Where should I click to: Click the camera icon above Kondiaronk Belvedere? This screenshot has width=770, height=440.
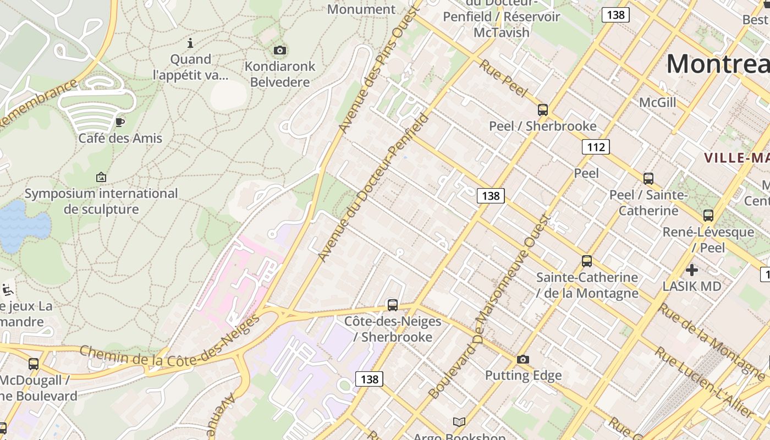click(279, 51)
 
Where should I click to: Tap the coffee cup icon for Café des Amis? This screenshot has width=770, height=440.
click(120, 122)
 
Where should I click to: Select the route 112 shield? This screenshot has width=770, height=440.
click(596, 147)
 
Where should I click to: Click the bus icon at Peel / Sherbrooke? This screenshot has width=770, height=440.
click(543, 109)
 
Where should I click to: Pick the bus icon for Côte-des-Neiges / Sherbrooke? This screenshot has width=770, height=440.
click(392, 305)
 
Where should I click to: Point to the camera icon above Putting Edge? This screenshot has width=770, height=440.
click(523, 360)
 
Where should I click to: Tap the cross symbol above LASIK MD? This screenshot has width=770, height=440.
click(691, 270)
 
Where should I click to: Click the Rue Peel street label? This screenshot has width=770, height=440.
click(503, 78)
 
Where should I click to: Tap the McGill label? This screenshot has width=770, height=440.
click(657, 102)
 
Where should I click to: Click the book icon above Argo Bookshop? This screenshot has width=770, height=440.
click(459, 422)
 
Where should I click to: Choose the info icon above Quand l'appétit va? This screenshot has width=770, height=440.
click(190, 43)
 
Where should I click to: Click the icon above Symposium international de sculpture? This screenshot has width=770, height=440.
click(101, 177)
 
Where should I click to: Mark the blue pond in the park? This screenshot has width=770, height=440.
click(22, 226)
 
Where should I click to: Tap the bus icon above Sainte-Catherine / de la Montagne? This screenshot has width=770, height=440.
click(587, 261)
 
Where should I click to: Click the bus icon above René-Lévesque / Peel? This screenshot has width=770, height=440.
click(708, 216)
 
